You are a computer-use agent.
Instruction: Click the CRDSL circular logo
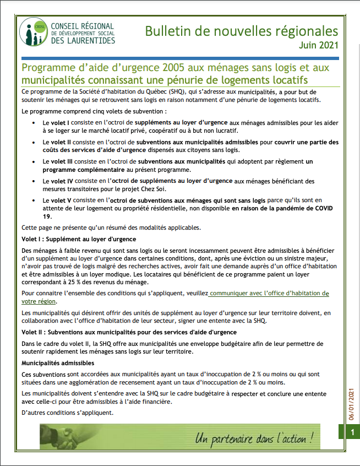tap(33, 33)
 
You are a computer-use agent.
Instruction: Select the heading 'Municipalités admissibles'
tap(58, 364)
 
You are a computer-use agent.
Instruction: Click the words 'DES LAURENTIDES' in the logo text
tap(83, 41)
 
